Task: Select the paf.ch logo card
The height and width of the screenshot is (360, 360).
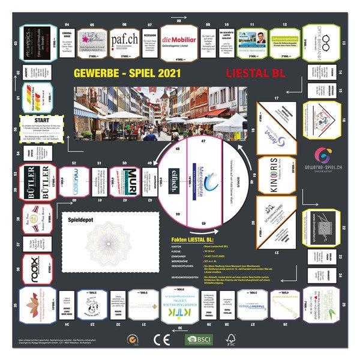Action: coord(124,40)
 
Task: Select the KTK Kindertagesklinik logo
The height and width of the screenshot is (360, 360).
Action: coord(181,311)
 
